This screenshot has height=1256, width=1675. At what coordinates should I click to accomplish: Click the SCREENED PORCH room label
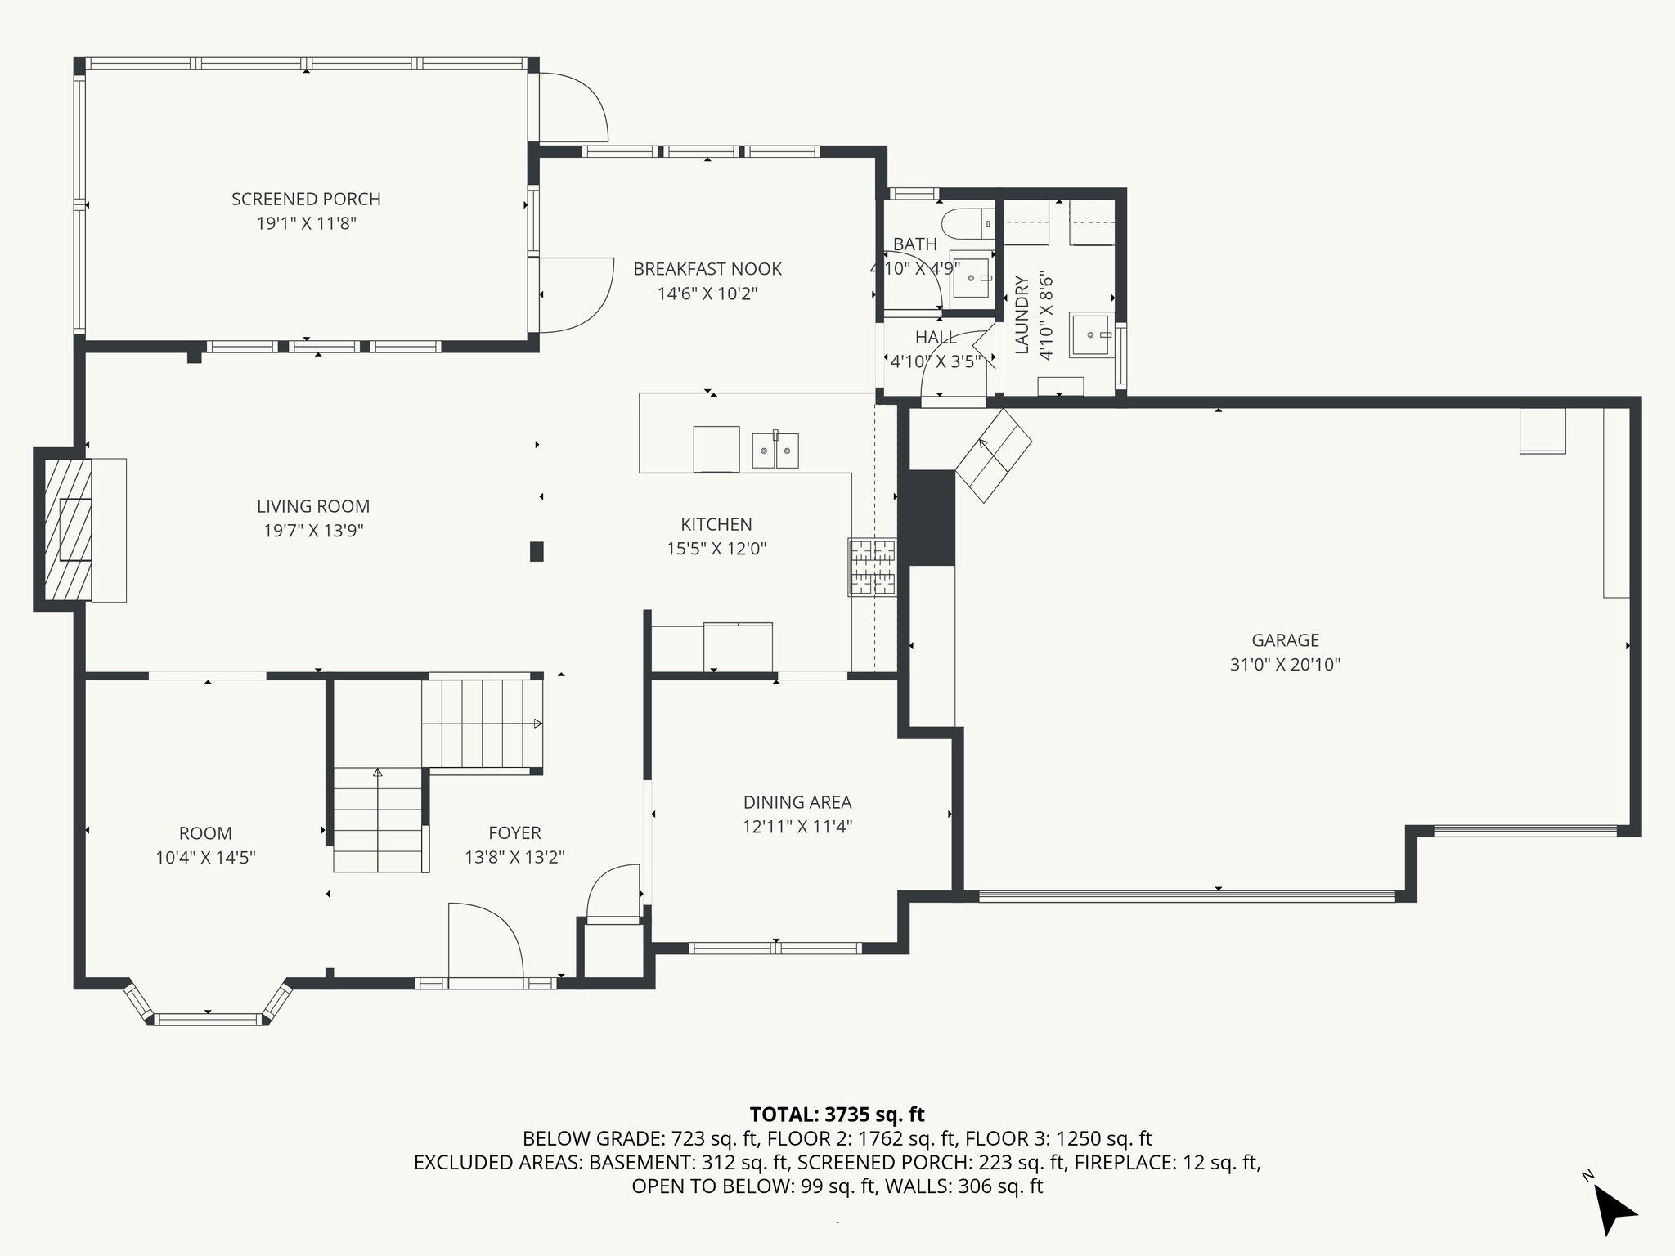[x=306, y=199]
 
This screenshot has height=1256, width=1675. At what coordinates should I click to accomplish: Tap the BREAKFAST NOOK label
[x=707, y=269]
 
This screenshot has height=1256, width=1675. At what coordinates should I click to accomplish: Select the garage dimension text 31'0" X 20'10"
[x=1285, y=665]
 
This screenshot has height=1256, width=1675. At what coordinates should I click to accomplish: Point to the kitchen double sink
[x=775, y=450]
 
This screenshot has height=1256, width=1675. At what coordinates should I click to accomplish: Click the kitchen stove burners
[x=873, y=567]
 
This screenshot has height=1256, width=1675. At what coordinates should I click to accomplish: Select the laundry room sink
[x=1090, y=335]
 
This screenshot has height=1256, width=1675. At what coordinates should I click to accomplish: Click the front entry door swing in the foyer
[x=486, y=940]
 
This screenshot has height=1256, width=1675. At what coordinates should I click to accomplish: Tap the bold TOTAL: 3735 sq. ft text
[x=837, y=1114]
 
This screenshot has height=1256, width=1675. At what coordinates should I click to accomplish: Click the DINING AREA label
[x=797, y=802]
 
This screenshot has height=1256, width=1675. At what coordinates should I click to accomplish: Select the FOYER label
[x=514, y=832]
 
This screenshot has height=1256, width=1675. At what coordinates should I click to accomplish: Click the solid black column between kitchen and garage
[x=927, y=517]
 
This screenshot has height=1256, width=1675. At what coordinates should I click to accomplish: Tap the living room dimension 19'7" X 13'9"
[x=313, y=531]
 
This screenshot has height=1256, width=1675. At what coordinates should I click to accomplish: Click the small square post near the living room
[x=537, y=551]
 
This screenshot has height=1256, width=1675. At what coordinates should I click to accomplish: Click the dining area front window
[x=775, y=949]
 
